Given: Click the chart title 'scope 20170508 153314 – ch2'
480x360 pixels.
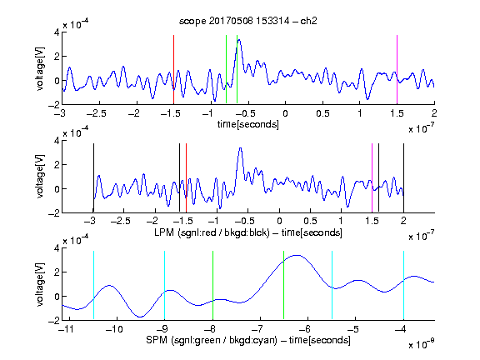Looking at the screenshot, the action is (x=248, y=21).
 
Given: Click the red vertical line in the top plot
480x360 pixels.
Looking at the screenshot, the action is (x=173, y=70).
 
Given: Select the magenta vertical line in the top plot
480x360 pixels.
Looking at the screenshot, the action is (x=397, y=70).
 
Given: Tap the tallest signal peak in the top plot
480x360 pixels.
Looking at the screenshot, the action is (x=239, y=40).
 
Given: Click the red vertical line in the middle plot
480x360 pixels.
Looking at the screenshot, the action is (x=186, y=177).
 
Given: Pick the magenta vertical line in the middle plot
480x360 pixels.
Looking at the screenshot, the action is (x=372, y=177).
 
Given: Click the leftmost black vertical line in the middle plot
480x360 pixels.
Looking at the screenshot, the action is (x=93, y=177).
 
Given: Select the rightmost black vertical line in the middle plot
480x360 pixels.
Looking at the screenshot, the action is (x=403, y=177).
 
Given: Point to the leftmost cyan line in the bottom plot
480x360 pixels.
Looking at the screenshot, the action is (x=93, y=285).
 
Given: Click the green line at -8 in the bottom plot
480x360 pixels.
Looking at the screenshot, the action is (x=212, y=285).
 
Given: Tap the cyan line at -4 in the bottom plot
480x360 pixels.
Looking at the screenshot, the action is (x=403, y=285).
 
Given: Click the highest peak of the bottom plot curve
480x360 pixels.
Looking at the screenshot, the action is (x=297, y=255).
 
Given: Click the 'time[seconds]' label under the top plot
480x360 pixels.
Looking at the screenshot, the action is (x=248, y=124).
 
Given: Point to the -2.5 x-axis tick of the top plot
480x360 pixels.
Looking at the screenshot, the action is (x=100, y=104).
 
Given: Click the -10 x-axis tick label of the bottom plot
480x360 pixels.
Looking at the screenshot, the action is (x=114, y=329).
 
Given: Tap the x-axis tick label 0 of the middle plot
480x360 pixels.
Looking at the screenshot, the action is (x=279, y=222).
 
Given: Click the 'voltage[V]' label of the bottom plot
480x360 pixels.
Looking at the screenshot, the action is (x=40, y=284).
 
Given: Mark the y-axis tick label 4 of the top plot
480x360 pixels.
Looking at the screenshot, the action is (x=57, y=32).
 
